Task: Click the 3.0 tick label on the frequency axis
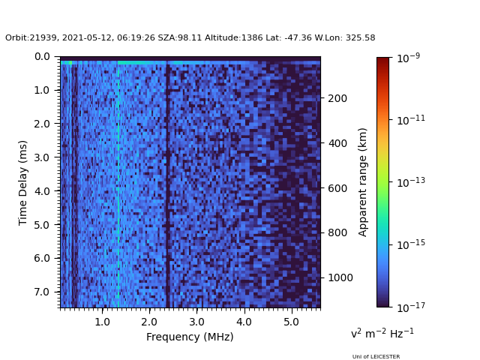pos(196,322)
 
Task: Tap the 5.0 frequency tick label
pos(291,322)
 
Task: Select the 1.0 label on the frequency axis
pos(102,322)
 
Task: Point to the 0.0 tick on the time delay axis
pos(42,57)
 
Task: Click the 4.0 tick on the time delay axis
pos(42,191)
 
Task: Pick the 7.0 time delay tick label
pos(42,292)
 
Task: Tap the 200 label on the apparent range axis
pos(337,98)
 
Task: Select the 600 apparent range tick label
pos(337,188)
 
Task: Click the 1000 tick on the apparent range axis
pos(339,277)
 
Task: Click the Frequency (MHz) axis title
pos(190,337)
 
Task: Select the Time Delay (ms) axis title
pos(23,182)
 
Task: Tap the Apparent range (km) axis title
pos(363,181)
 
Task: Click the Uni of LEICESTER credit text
pos(376,357)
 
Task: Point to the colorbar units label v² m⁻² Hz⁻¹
pos(382,333)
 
